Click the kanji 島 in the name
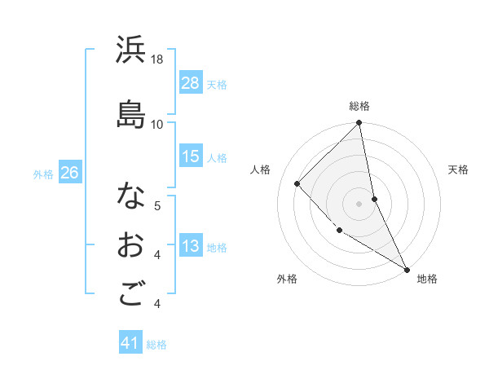point(130,114)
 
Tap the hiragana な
point(130,196)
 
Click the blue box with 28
point(191,82)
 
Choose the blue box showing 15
point(191,156)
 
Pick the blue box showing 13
point(191,246)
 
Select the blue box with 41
point(130,343)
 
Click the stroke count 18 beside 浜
point(157,59)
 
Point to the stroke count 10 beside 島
point(157,124)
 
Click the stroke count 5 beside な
point(157,205)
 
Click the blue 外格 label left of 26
point(43,173)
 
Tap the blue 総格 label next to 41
point(156,344)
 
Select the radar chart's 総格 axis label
point(359,106)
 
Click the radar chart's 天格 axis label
point(459,169)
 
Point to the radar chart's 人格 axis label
point(260,169)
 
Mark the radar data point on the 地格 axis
point(407,269)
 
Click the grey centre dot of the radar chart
point(359,203)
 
